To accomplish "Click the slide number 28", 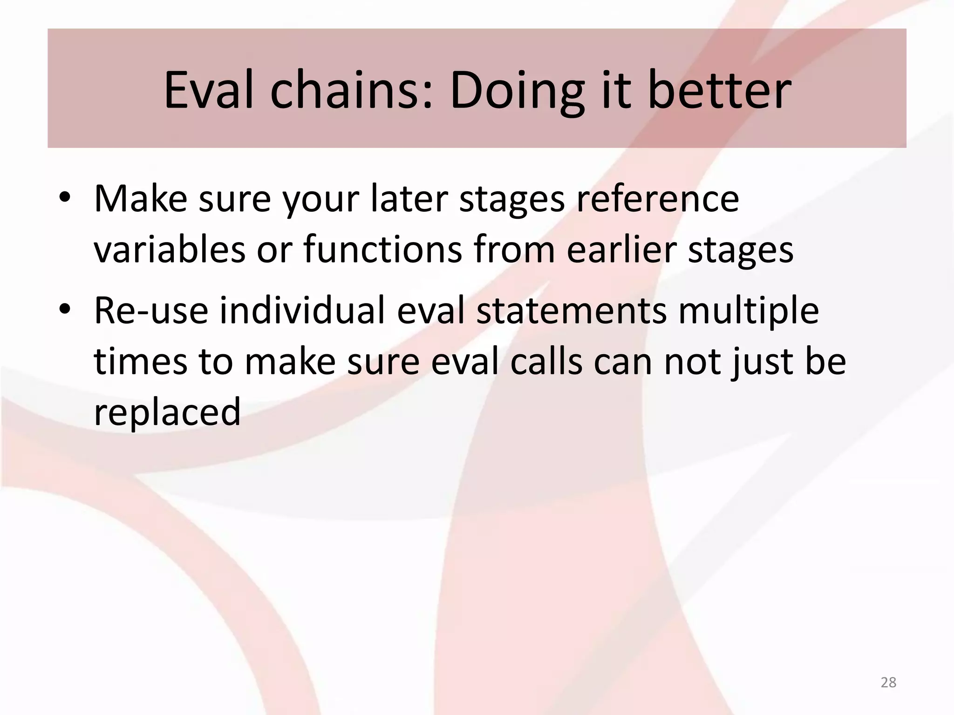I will (x=888, y=682).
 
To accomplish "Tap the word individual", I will (x=302, y=310).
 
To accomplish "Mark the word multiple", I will (x=749, y=310).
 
